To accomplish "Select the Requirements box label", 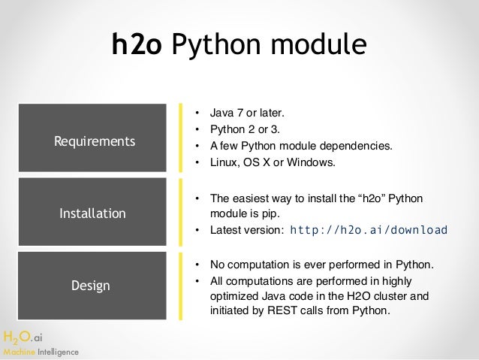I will (95, 141).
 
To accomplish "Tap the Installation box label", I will (92, 213).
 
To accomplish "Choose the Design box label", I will (90, 286).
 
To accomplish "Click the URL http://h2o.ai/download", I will (368, 230).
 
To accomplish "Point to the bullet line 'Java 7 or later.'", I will (247, 114).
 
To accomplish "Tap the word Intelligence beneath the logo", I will (57, 352).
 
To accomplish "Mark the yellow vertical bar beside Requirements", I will (181, 138).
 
